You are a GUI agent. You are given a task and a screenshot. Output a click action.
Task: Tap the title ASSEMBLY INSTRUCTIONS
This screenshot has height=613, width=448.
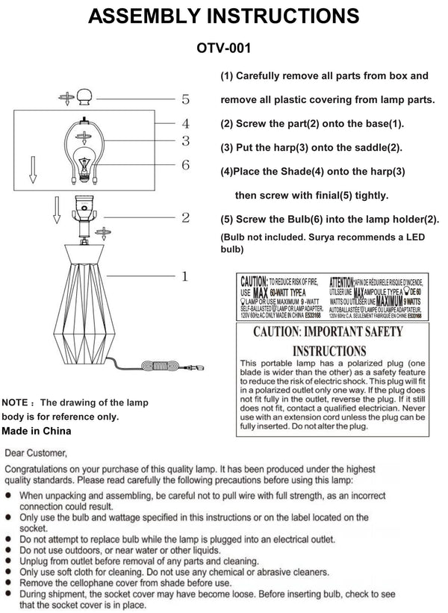tap(223, 15)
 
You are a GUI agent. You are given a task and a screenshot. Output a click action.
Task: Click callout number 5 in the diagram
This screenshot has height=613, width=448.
tap(185, 99)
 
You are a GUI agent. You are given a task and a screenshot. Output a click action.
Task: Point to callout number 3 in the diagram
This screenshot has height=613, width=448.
tap(185, 140)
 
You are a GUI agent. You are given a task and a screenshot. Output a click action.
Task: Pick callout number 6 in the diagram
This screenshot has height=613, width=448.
tap(185, 165)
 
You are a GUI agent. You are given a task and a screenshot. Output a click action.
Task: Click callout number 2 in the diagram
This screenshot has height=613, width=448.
tap(185, 218)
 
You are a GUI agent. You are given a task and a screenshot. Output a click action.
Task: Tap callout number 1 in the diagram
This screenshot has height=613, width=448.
tap(185, 277)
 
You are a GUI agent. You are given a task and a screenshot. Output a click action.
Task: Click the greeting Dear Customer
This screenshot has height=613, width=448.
tap(36, 452)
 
